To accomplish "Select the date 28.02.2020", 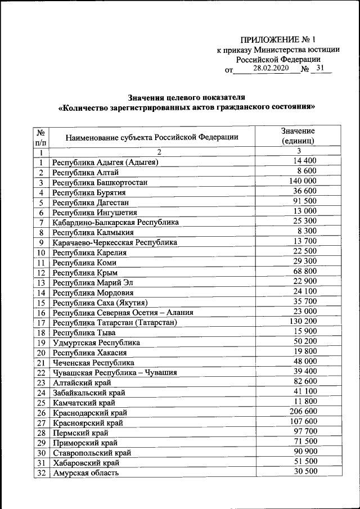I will click(x=271, y=68).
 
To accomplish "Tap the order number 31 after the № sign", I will click(x=321, y=68).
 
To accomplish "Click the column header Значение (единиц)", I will click(x=298, y=136).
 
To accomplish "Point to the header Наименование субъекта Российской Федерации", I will click(x=152, y=137).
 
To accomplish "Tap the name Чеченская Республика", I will click(x=93, y=363).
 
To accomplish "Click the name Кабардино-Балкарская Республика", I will click(x=115, y=222).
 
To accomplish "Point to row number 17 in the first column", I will click(x=41, y=323).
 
